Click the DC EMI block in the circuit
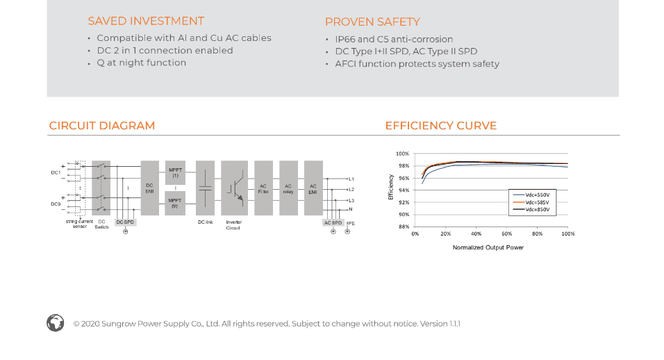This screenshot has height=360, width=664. (x=149, y=188)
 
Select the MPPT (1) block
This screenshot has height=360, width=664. (x=176, y=172)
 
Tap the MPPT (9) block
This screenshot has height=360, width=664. (x=176, y=203)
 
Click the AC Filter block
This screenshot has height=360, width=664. (x=263, y=188)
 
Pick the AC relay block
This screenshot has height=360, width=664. (x=288, y=188)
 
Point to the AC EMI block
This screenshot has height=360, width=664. (x=313, y=188)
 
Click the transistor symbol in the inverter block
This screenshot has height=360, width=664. (x=235, y=188)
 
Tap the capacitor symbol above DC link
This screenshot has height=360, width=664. (x=205, y=188)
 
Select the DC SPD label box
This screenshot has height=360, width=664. (x=125, y=222)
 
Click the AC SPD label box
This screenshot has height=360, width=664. (x=333, y=222)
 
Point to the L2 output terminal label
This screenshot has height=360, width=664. (x=351, y=190)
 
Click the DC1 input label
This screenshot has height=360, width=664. (x=55, y=172)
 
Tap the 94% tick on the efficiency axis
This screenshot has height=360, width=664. (x=402, y=190)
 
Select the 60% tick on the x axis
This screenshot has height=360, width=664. (x=507, y=234)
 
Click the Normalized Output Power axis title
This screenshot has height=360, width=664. (x=488, y=247)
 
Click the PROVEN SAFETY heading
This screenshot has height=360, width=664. (x=372, y=22)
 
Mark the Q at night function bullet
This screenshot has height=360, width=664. (x=141, y=63)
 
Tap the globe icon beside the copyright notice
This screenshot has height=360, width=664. (x=56, y=322)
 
